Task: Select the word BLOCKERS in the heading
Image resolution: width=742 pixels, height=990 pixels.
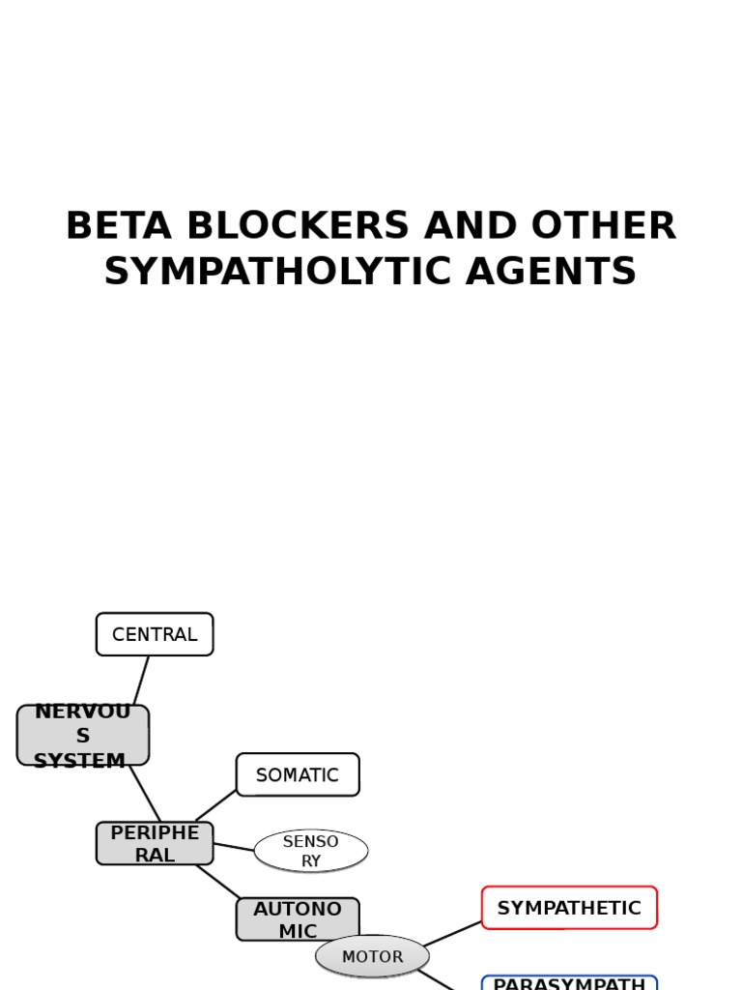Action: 294,227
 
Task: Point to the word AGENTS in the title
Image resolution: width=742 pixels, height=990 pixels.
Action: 551,273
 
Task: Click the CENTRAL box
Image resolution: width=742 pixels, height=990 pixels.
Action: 155,634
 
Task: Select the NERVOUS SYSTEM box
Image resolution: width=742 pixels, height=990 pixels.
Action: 83,736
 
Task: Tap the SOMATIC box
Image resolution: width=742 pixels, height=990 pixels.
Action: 298,774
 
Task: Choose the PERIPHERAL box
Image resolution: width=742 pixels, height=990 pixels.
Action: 155,843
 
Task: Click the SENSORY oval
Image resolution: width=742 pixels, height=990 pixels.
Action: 311,851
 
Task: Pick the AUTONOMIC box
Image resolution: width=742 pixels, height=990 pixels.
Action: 298,919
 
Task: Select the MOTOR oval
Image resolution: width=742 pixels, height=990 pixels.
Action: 372,956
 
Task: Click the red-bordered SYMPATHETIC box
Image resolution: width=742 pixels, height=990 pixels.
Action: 569,908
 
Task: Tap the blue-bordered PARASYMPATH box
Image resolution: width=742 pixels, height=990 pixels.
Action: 569,983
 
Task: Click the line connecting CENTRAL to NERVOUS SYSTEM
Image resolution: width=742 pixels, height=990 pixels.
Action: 141,681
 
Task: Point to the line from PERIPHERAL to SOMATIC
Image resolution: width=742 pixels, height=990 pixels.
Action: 215,806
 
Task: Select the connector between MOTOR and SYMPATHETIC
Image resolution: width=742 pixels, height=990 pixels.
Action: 452,934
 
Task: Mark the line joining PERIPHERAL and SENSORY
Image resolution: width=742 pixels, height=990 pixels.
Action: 233,847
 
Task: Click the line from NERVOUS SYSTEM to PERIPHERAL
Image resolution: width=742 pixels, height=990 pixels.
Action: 145,793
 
